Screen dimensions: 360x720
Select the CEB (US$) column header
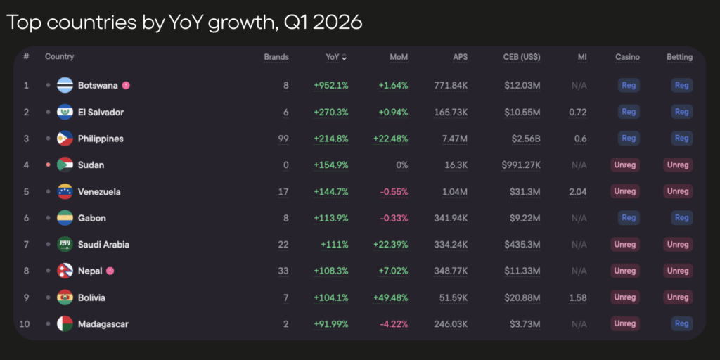pos(522,57)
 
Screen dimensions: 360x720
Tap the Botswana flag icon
pos(65,86)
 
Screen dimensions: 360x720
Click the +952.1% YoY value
pos(331,86)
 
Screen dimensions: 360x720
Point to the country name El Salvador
pos(101,112)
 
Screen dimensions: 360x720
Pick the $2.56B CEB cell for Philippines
pos(525,139)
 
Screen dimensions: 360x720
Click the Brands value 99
pos(283,139)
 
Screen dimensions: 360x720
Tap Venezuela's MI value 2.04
pos(577,191)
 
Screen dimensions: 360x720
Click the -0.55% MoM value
pos(393,191)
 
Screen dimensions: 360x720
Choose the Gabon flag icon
pos(65,218)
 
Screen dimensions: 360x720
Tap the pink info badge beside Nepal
pos(110,271)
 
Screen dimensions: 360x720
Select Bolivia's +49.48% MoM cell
pos(391,297)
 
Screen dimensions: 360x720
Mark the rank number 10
pos(26,324)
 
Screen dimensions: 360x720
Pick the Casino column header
pos(627,57)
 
